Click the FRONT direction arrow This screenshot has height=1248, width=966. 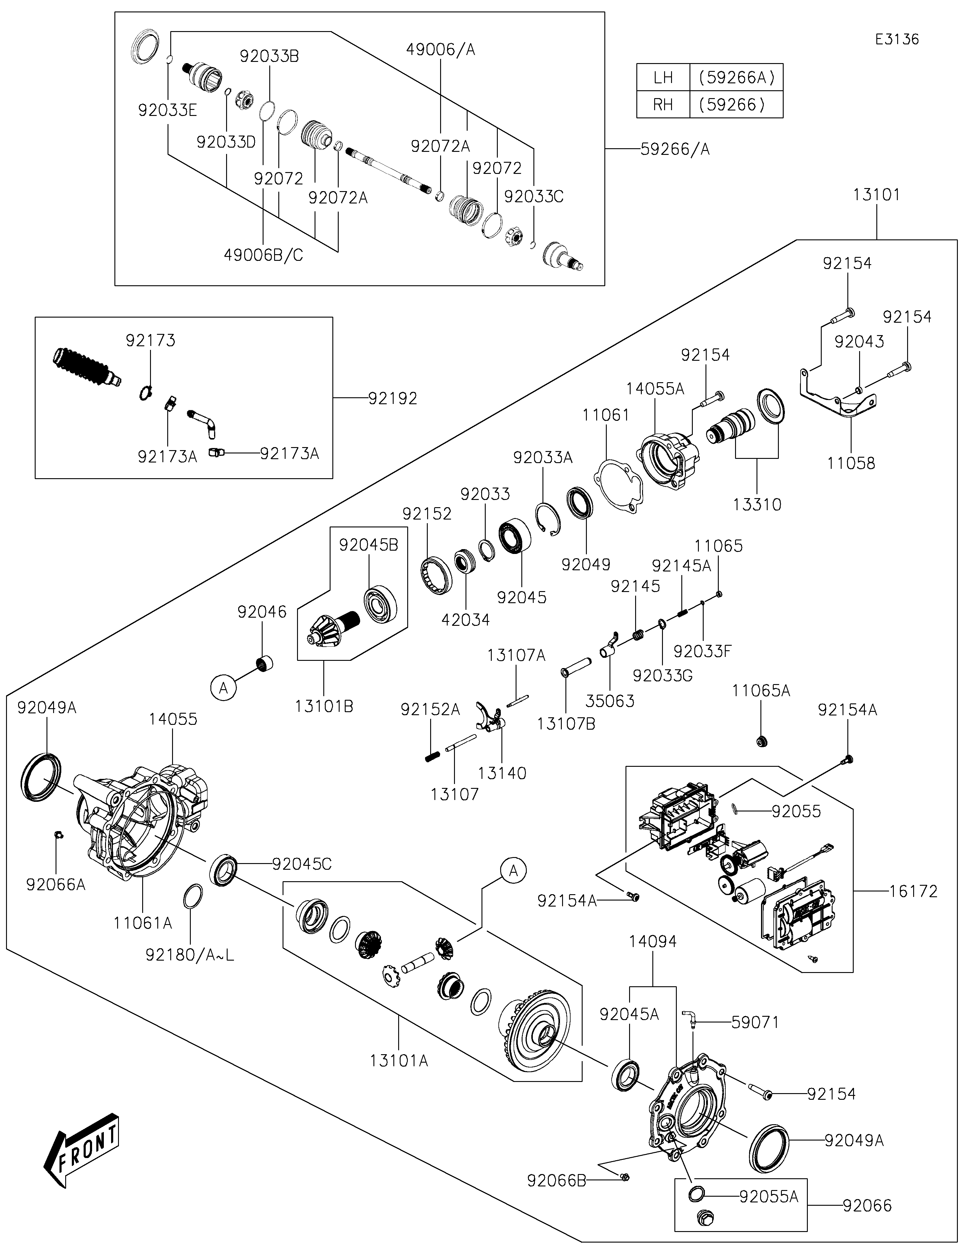81,1149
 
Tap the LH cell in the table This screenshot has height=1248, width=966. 663,77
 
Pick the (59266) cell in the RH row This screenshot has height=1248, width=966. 736,104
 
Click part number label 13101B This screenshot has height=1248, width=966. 324,707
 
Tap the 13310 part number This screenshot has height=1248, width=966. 757,504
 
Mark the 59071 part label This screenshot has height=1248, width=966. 755,1022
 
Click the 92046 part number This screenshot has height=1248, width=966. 262,612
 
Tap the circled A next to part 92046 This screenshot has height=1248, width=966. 223,688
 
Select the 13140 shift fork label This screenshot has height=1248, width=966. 502,773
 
